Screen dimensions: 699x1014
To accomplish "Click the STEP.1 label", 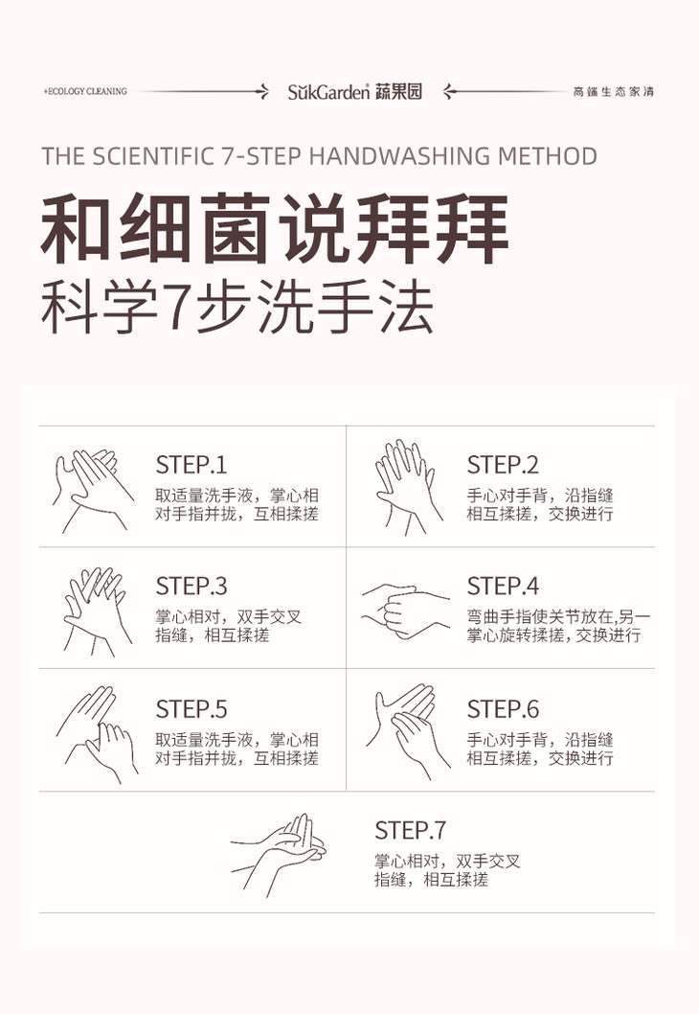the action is coord(192,465).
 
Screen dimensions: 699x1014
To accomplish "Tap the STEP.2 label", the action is coord(503,465).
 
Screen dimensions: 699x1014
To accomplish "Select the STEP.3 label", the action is coord(192,586).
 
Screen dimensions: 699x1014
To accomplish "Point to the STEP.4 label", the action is coord(503,586).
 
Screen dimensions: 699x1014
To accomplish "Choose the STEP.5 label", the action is coord(192,709).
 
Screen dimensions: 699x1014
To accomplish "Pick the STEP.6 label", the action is coord(503,709).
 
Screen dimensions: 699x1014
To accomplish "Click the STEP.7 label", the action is coord(410,830).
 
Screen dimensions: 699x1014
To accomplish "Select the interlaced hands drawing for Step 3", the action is coord(97,611).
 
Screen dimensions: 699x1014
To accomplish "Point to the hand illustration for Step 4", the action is coord(405,611).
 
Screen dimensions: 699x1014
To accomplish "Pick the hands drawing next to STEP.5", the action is coord(97,734).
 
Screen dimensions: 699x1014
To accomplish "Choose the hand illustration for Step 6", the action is coord(408,730).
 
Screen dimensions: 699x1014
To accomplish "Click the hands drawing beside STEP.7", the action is coord(279,855).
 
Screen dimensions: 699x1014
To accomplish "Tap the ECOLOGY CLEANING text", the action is coord(85,91).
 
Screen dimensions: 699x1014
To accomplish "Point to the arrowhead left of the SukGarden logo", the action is coord(263,91).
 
